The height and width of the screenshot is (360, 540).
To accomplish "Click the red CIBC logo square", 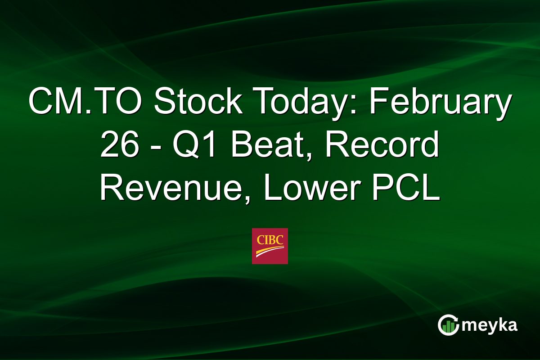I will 270,246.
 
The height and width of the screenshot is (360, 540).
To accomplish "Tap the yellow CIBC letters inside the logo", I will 270,240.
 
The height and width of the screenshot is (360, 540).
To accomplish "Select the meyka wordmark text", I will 490,325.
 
